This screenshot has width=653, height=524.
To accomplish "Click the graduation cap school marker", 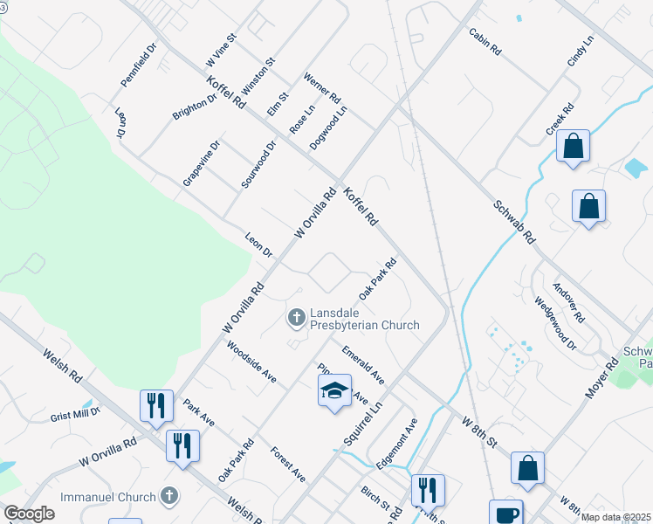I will [x=334, y=391].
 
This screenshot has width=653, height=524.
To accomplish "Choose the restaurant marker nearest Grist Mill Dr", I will [x=156, y=405].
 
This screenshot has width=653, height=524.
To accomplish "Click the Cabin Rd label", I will [x=485, y=42].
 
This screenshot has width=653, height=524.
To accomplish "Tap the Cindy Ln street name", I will [x=580, y=52].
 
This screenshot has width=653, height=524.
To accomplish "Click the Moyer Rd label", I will [x=601, y=378].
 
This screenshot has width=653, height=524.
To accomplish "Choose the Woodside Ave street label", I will [x=251, y=362].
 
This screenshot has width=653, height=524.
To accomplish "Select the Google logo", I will [x=30, y=514].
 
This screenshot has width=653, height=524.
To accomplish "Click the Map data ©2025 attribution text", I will [x=615, y=517].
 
